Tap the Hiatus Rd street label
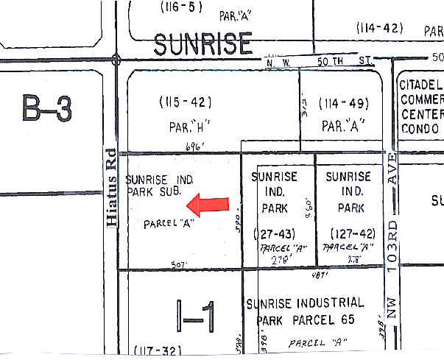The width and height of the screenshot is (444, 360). click(x=110, y=187)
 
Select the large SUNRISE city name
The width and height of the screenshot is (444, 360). click(x=203, y=44)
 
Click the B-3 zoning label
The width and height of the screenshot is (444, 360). click(x=46, y=110)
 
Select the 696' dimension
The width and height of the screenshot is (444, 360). click(x=194, y=146)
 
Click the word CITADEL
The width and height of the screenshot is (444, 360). click(x=421, y=85)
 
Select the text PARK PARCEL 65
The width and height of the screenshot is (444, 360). click(x=306, y=320)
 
